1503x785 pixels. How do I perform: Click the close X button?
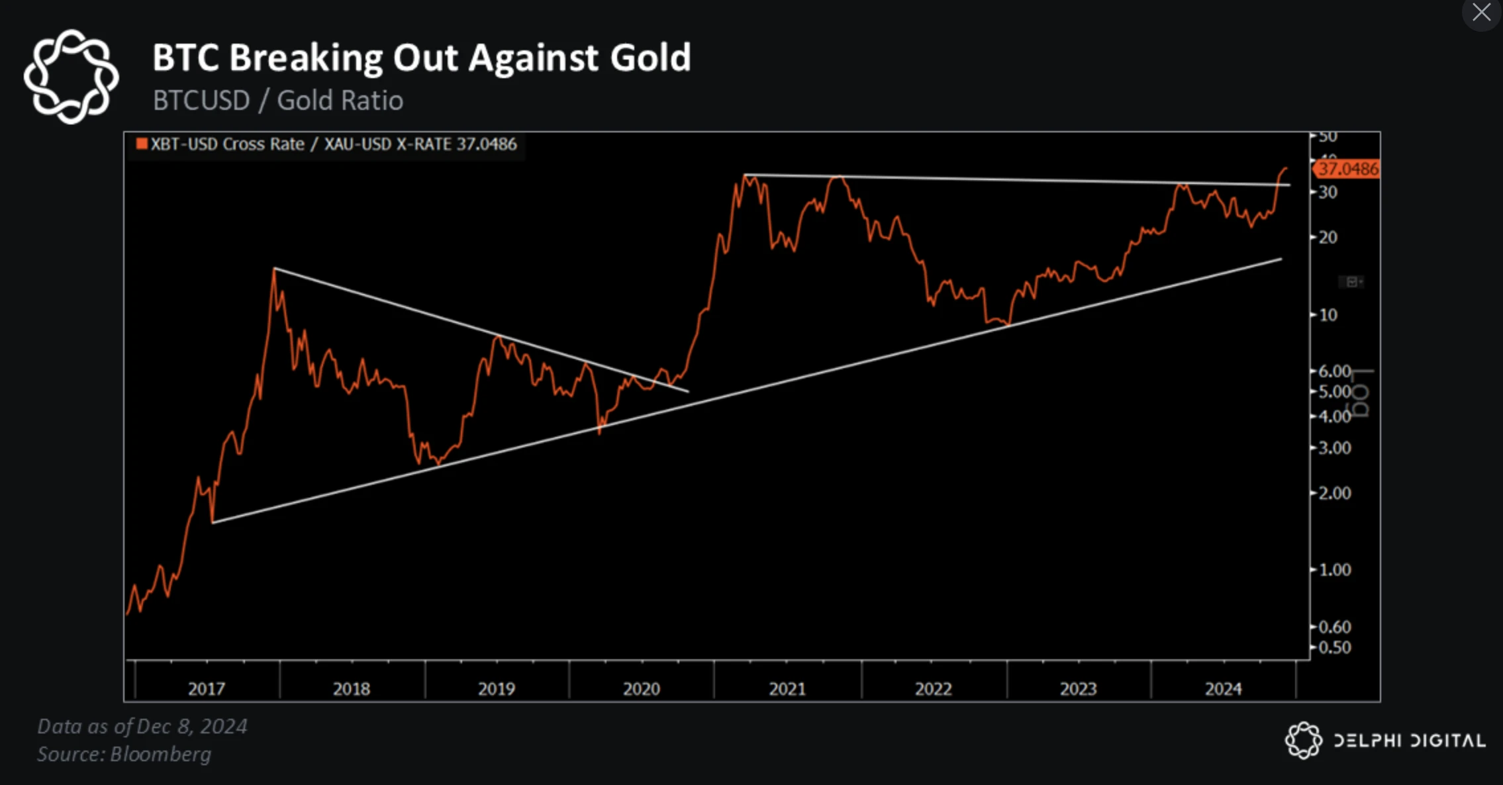pyautogui.click(x=1481, y=13)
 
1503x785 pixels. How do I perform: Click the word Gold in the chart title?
pyautogui.click(x=650, y=58)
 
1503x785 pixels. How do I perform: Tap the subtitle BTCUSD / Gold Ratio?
pyautogui.click(x=277, y=101)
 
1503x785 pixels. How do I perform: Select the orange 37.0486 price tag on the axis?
pyautogui.click(x=1347, y=169)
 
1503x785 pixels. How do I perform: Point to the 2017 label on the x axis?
pyautogui.click(x=207, y=689)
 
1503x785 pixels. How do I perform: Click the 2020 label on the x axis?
pyautogui.click(x=641, y=689)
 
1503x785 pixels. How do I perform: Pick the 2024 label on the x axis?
pyautogui.click(x=1223, y=689)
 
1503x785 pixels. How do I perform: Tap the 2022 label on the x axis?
pyautogui.click(x=933, y=689)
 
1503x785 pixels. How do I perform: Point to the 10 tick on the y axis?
pyautogui.click(x=1328, y=315)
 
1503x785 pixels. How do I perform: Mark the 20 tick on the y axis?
pyautogui.click(x=1328, y=237)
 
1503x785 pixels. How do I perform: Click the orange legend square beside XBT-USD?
pyautogui.click(x=141, y=144)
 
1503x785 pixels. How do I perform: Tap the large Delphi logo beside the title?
pyautogui.click(x=71, y=76)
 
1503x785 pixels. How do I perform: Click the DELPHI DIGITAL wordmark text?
pyautogui.click(x=1409, y=740)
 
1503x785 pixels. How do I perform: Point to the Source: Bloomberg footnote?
pyautogui.click(x=124, y=754)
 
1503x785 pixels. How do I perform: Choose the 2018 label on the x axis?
pyautogui.click(x=351, y=689)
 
